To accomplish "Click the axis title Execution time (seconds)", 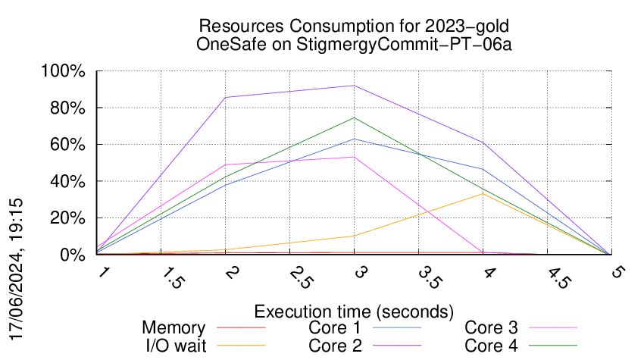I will (354, 311).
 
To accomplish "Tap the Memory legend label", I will (174, 328).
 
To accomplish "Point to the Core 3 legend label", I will (491, 328).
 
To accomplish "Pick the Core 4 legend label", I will (491, 345).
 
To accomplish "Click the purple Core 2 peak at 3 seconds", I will (354, 86).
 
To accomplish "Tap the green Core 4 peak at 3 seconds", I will (354, 117).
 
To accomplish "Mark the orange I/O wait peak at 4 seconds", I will (483, 193).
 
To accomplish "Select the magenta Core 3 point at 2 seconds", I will (225, 164).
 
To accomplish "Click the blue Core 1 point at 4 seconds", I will (483, 169).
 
